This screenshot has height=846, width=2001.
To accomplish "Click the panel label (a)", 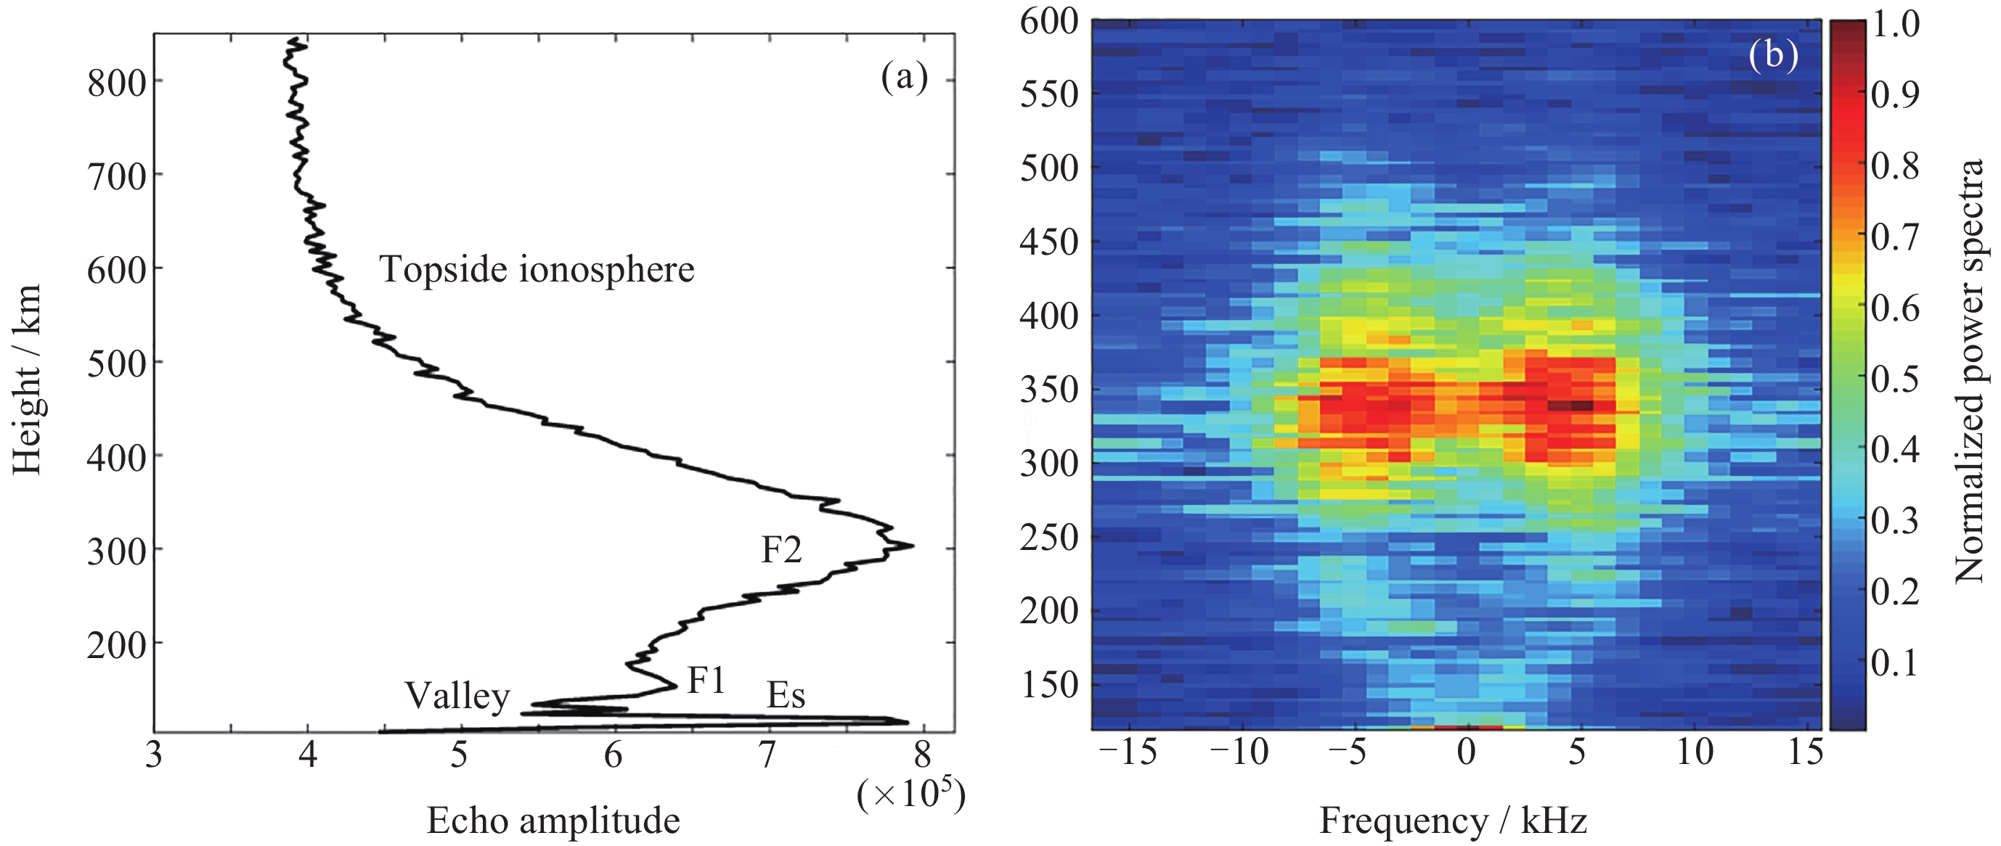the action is (x=904, y=78).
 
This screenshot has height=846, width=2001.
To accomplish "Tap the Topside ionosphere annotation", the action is (x=537, y=270).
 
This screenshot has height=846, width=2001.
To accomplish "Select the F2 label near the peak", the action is (x=781, y=549).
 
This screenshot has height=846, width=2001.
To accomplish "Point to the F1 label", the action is (x=707, y=681).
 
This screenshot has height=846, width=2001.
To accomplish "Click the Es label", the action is (x=786, y=695).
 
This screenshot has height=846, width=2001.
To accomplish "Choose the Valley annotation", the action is (x=457, y=697).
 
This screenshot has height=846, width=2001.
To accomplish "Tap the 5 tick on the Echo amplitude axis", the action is (x=460, y=754).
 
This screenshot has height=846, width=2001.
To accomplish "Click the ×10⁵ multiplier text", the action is (x=911, y=793).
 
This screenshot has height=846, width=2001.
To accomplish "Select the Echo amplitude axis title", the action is (x=553, y=821).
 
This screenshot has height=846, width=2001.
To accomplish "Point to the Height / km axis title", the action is (x=27, y=379).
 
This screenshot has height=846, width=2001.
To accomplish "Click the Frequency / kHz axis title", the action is (x=1454, y=821).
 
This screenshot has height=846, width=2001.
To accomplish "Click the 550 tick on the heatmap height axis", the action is (x=1049, y=95).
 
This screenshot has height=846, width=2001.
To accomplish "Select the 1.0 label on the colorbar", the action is (x=1895, y=24).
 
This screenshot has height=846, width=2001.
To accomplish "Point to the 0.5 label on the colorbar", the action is (x=1895, y=379).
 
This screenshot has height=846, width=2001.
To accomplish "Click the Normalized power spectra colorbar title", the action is (x=1969, y=371).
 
